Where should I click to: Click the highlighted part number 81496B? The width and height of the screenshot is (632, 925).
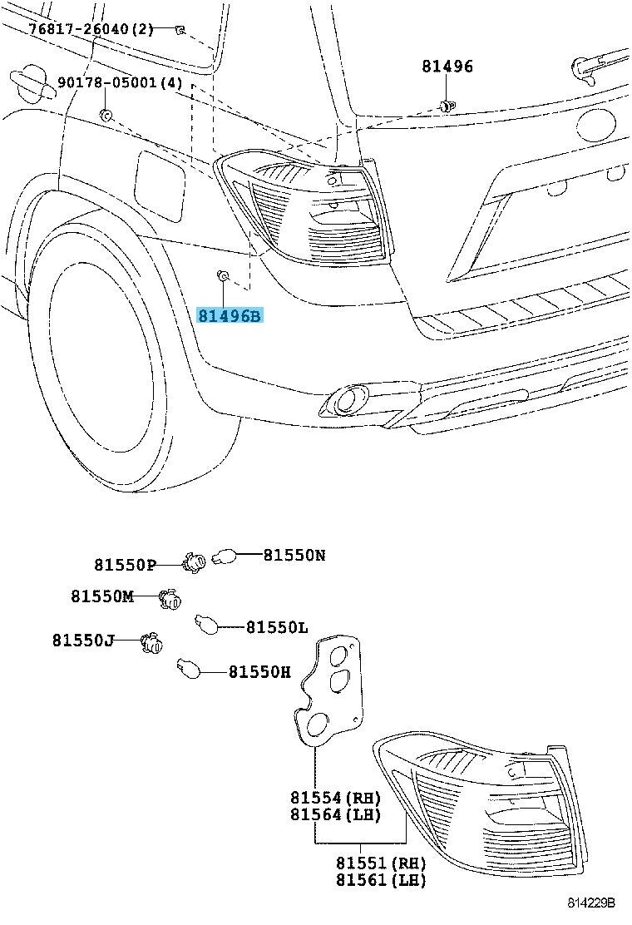(230, 317)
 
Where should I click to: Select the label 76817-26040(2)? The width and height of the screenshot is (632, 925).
(91, 29)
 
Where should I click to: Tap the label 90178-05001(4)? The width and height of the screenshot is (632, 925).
(121, 82)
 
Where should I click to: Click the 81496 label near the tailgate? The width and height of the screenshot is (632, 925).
(447, 66)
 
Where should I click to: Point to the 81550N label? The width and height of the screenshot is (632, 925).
(294, 555)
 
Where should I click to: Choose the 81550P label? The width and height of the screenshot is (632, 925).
(125, 565)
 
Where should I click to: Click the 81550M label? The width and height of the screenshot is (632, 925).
(102, 596)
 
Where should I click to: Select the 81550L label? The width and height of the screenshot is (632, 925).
(277, 627)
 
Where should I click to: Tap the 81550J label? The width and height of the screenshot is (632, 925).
(83, 640)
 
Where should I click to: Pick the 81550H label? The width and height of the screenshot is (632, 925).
(260, 671)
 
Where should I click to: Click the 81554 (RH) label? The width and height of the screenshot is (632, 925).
(335, 798)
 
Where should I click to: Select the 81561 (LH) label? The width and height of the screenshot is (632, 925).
(381, 880)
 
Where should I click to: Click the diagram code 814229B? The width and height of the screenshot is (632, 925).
(591, 903)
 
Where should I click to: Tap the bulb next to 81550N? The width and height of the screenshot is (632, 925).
(224, 556)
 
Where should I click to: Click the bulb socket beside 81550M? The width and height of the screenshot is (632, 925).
(170, 600)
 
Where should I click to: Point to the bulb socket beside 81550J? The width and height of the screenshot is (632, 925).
(151, 644)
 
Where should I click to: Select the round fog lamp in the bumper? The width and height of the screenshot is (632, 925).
(343, 403)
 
